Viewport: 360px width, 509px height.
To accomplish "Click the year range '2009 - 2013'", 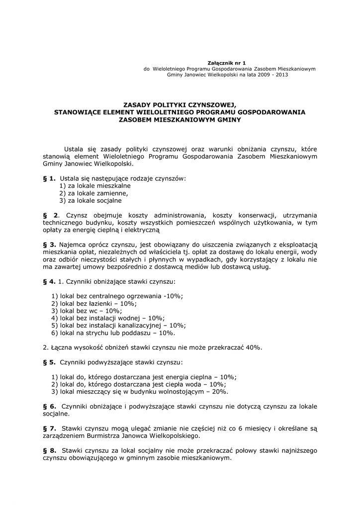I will [x=272, y=75].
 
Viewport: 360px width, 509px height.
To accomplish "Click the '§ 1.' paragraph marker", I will [x=49, y=178].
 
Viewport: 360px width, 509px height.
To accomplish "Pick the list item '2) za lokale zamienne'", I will [x=94, y=193].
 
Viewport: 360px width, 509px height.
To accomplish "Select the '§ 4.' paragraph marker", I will [x=49, y=281].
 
